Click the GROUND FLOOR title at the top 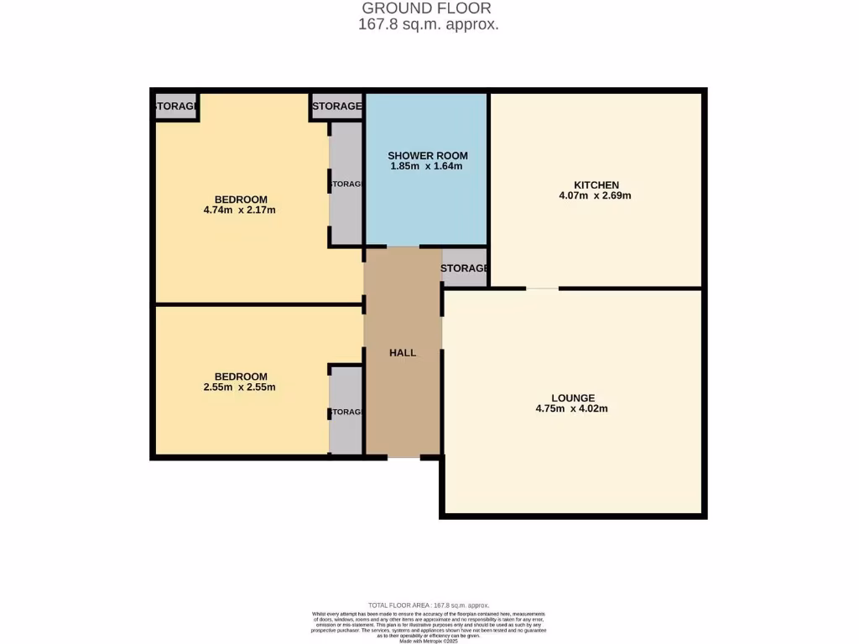tap(428, 8)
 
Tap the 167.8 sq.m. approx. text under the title tap(428, 24)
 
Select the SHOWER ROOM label tap(427, 155)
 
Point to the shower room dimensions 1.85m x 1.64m tap(427, 166)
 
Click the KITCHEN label tap(596, 184)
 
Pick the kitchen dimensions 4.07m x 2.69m tap(596, 195)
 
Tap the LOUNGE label tap(573, 397)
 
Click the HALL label tap(403, 353)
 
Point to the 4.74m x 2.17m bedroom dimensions tap(240, 210)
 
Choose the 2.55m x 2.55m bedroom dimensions tap(240, 387)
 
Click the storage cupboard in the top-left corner tap(175, 106)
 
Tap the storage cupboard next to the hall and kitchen tap(465, 268)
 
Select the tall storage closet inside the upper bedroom tap(345, 184)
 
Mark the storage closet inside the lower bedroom tap(345, 412)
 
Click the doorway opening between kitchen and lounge tap(542, 288)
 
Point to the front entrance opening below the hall tap(403, 457)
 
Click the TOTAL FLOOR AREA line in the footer tap(428, 605)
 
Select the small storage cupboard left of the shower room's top tap(336, 106)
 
